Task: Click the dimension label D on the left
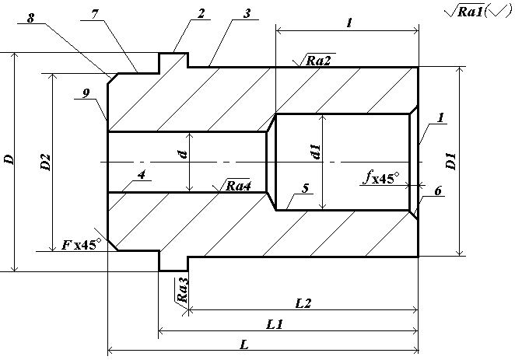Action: (9, 161)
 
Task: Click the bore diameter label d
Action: (182, 155)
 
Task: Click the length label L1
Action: (274, 325)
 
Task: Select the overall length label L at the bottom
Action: (243, 345)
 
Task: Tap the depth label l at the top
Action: (349, 24)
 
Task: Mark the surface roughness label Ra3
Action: (183, 291)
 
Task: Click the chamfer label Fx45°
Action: (82, 245)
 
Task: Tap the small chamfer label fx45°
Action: (380, 177)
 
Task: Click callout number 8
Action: (30, 17)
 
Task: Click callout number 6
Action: (439, 191)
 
